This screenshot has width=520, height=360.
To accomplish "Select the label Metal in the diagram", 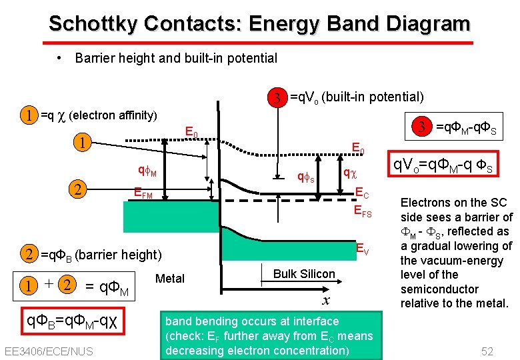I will pyautogui.click(x=169, y=278).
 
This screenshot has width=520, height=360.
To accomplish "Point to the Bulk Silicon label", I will pyautogui.click(x=304, y=274).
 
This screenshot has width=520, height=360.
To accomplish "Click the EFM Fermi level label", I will pyautogui.click(x=143, y=195).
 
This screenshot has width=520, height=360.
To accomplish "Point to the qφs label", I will pyautogui.click(x=305, y=177).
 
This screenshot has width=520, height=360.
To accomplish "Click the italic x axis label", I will pyautogui.click(x=326, y=300).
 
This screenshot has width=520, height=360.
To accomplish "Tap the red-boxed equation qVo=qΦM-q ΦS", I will pyautogui.click(x=443, y=168).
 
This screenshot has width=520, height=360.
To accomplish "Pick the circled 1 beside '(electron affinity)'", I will pyautogui.click(x=29, y=115).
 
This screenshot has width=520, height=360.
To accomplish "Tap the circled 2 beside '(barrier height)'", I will pyautogui.click(x=29, y=254).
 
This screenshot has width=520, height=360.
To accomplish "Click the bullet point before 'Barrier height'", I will pyautogui.click(x=60, y=58).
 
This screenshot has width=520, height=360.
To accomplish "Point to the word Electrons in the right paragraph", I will pyautogui.click(x=427, y=202).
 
